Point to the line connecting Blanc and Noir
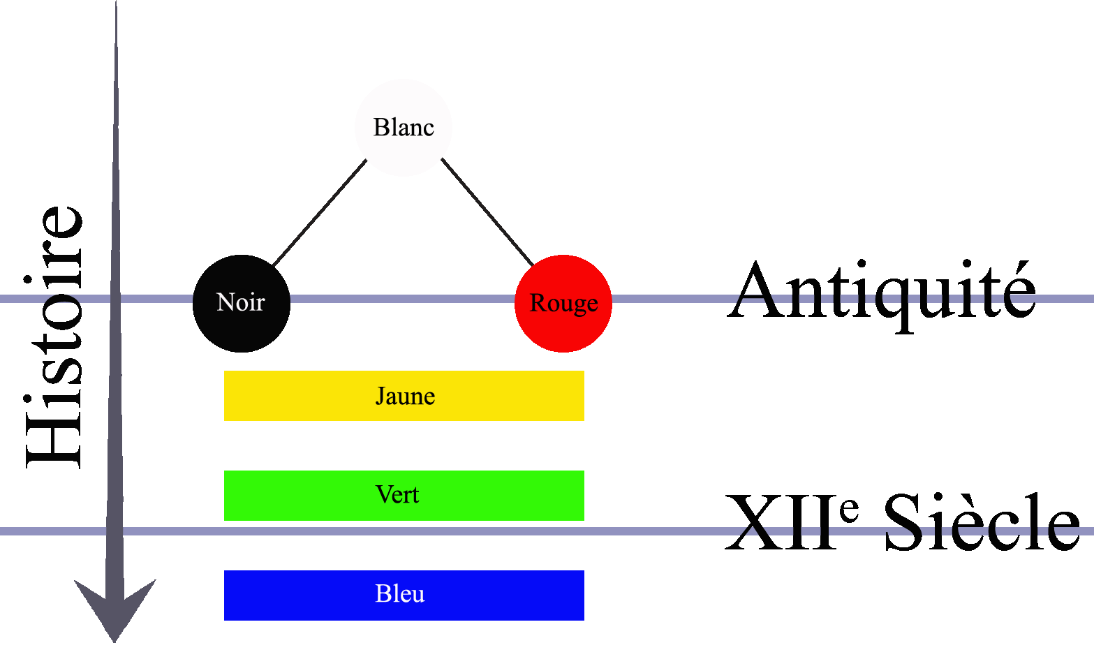pyautogui.click(x=319, y=213)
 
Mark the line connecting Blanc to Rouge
pyautogui.click(x=487, y=212)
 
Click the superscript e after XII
pyautogui.click(x=849, y=510)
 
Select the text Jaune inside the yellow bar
pyautogui.click(x=405, y=397)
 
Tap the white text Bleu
pyautogui.click(x=399, y=594)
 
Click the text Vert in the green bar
pyautogui.click(x=397, y=495)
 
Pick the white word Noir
pyautogui.click(x=241, y=302)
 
